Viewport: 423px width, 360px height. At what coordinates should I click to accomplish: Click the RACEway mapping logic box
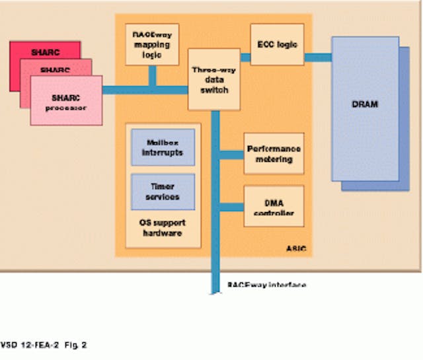click(x=151, y=44)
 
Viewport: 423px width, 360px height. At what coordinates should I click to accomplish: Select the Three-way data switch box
click(x=210, y=79)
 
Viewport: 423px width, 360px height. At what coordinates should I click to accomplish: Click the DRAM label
click(x=365, y=104)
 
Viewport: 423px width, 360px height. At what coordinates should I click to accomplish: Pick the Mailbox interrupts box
click(x=163, y=147)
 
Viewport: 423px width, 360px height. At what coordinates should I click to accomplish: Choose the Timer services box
click(x=163, y=192)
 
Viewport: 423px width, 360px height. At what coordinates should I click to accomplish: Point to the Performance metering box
click(x=274, y=153)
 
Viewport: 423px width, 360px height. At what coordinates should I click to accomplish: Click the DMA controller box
click(x=274, y=207)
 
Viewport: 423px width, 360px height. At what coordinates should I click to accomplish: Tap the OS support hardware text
click(x=163, y=228)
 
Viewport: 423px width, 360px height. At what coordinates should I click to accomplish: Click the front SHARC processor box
click(x=66, y=100)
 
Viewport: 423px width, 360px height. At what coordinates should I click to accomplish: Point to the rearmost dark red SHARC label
click(x=46, y=52)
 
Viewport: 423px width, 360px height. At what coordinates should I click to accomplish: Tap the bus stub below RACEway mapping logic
click(x=153, y=75)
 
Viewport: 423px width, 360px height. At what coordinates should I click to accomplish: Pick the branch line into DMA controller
click(x=231, y=207)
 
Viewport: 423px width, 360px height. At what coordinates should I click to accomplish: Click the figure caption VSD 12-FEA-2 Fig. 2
click(x=44, y=344)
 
